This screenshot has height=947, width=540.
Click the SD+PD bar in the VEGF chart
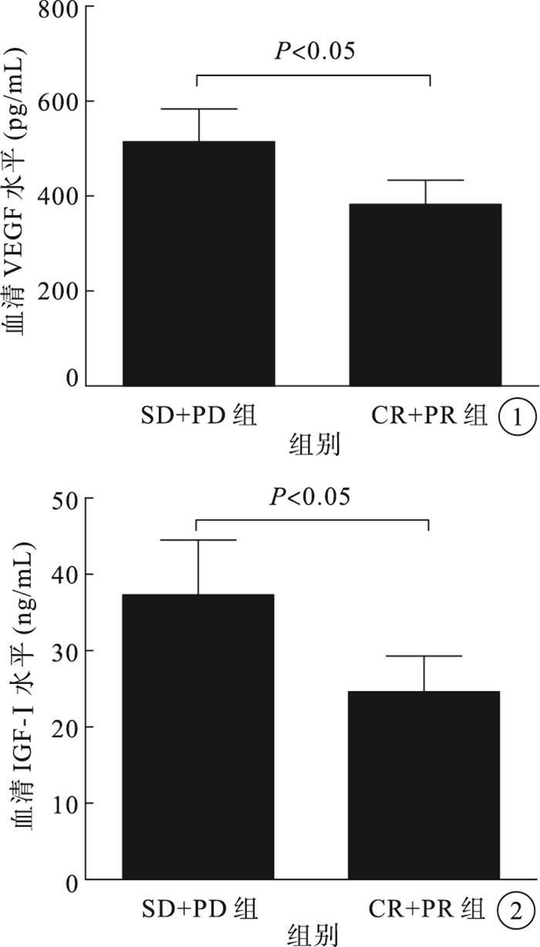(199, 263)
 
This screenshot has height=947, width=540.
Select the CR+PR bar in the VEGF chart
(425, 294)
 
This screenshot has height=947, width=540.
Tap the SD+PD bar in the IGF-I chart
(197, 736)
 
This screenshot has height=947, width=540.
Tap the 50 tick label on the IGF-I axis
(63, 498)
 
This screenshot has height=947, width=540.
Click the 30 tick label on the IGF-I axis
(63, 650)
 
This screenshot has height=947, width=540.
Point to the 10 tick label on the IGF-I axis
(63, 803)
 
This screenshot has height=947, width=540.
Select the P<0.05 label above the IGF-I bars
(310, 496)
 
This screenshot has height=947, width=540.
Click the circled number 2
(516, 912)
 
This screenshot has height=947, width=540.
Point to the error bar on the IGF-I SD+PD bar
(198, 566)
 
